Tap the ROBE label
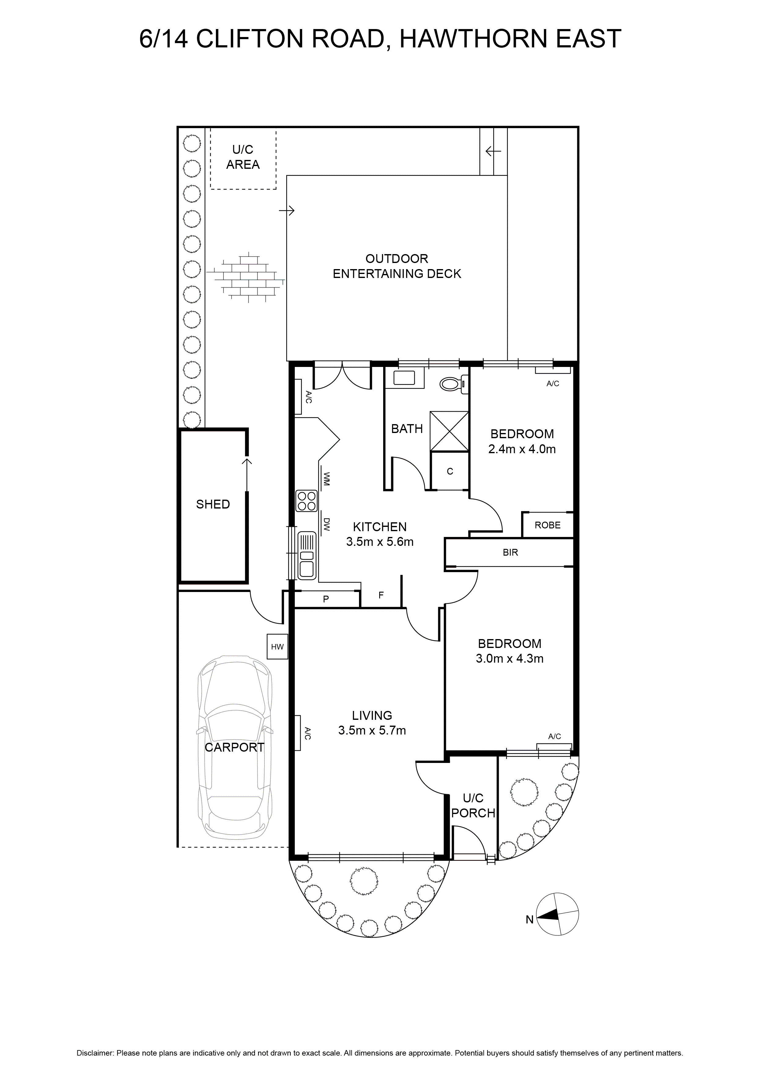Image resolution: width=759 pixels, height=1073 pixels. [548, 525]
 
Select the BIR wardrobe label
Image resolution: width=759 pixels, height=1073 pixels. [510, 552]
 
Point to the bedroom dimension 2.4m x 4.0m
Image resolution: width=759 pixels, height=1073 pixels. [522, 449]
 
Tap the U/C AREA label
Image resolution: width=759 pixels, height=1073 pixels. [243, 157]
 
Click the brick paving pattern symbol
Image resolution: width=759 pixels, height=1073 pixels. [246, 275]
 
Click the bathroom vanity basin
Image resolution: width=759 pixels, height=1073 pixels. [405, 378]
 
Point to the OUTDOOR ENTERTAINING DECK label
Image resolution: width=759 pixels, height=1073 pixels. [397, 266]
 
